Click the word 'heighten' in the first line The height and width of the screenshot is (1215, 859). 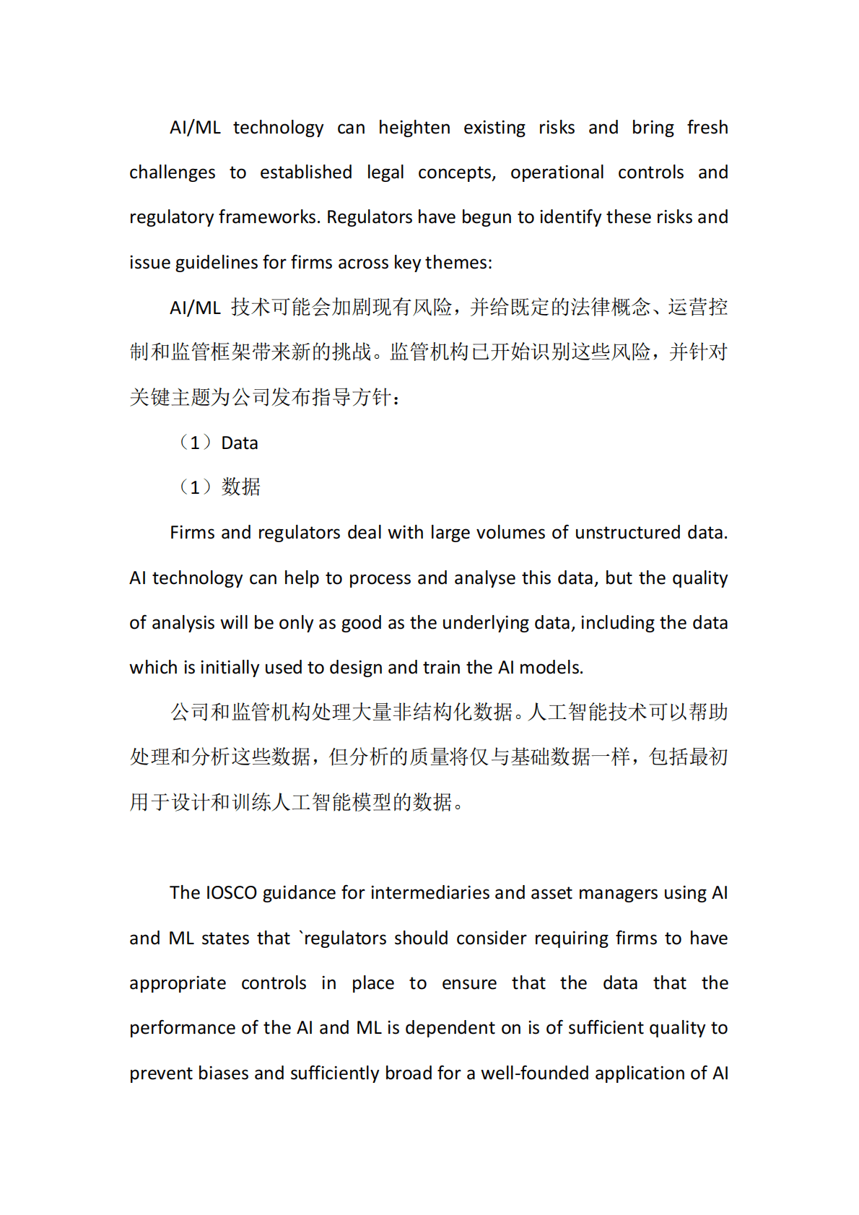click(x=414, y=128)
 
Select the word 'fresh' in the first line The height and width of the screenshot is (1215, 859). click(x=707, y=128)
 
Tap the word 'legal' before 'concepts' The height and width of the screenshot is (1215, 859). click(x=385, y=173)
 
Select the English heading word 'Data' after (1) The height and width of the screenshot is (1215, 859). click(x=239, y=443)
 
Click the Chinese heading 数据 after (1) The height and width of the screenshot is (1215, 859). click(x=240, y=487)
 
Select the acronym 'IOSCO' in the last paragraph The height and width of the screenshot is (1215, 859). click(x=231, y=893)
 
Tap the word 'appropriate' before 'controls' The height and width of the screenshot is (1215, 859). click(x=178, y=983)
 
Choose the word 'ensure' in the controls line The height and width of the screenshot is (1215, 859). click(x=468, y=983)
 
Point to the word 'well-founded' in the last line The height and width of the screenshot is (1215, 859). click(x=533, y=1074)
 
